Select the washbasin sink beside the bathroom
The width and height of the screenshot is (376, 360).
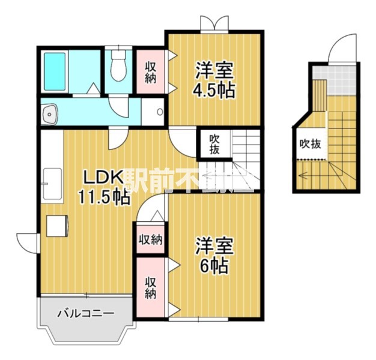click(x=49, y=112)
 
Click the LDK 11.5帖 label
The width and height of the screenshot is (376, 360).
click(x=103, y=187)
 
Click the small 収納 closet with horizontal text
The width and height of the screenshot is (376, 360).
click(x=151, y=240)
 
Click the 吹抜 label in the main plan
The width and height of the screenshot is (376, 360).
click(x=214, y=144)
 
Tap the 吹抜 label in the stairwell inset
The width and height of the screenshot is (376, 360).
click(x=310, y=144)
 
